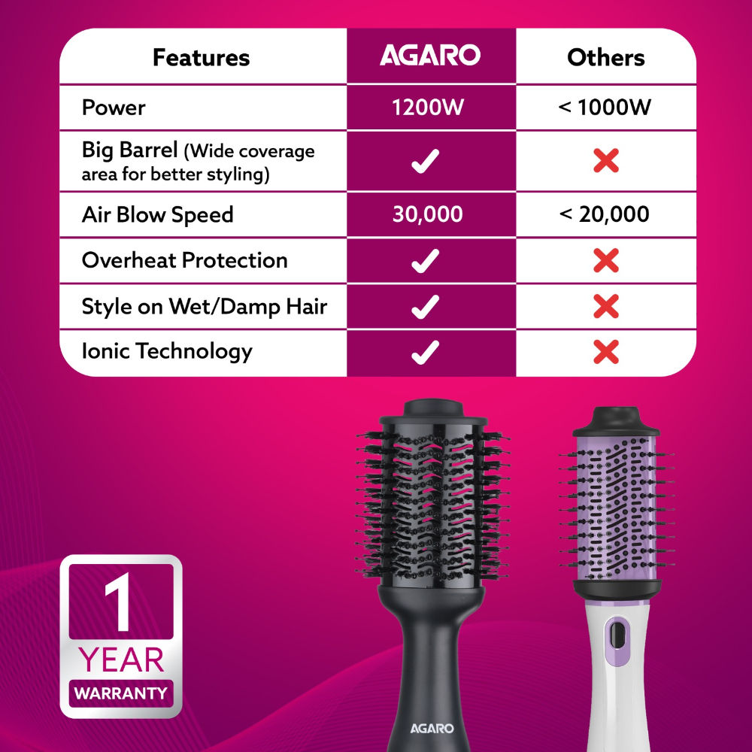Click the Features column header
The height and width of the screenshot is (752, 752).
click(x=201, y=58)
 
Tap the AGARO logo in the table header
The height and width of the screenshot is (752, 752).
click(x=429, y=56)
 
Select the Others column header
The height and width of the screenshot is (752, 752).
click(x=605, y=58)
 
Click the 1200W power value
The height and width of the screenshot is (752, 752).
click(x=427, y=108)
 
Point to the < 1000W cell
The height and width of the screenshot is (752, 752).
click(x=605, y=108)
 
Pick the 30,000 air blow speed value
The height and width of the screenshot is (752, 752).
click(x=427, y=215)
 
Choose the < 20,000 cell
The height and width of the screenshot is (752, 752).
click(x=605, y=215)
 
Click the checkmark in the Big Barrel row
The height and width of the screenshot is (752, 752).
click(x=426, y=160)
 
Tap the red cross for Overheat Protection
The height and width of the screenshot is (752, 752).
click(x=605, y=261)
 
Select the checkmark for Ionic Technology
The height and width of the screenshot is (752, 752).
click(x=426, y=351)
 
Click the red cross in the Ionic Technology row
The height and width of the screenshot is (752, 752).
click(x=605, y=351)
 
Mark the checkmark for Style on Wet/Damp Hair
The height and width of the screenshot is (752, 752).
click(x=426, y=306)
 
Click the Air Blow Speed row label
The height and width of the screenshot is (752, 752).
click(x=157, y=215)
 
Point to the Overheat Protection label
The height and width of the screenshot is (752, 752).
click(x=184, y=261)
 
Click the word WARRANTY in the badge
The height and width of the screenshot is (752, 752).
click(x=121, y=692)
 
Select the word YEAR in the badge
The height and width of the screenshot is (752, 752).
click(x=121, y=660)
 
